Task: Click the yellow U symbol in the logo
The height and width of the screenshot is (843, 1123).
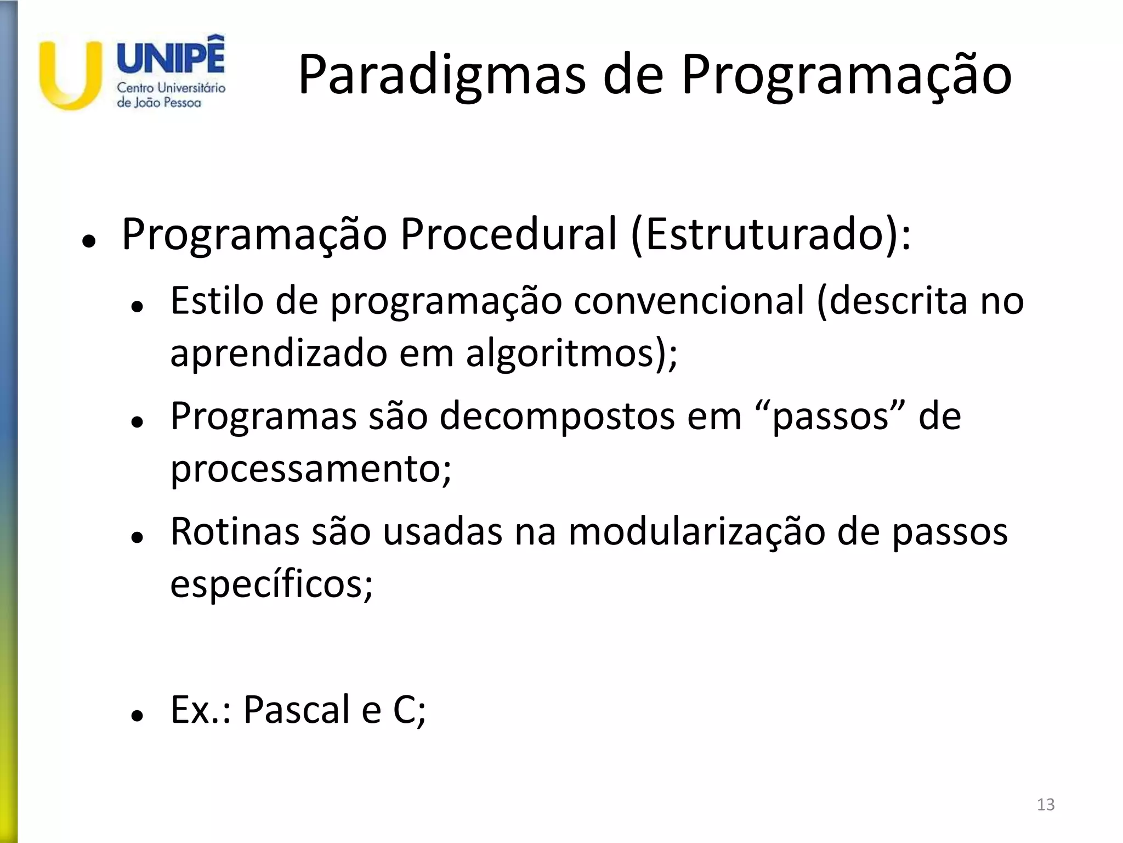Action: point(70,77)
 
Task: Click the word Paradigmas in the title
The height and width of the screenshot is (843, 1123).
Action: point(441,75)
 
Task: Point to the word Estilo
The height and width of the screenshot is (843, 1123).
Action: point(217,301)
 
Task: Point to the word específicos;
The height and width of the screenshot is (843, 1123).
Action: point(271,584)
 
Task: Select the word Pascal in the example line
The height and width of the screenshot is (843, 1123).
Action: point(297,709)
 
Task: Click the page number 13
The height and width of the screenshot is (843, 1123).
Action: point(1046,805)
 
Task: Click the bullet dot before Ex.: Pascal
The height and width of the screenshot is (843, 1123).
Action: point(137,716)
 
